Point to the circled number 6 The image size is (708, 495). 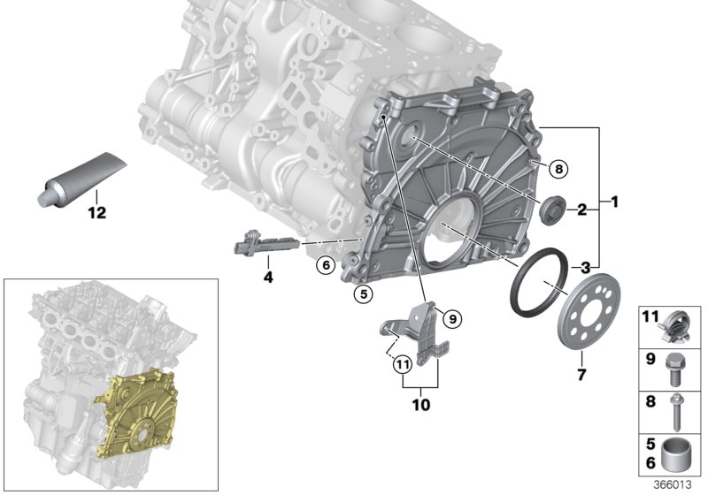coord(325,264)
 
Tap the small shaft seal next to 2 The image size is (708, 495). coord(555,209)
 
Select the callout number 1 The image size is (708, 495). coord(612,202)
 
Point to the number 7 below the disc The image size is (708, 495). coord(581,362)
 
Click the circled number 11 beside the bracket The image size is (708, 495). coord(401,362)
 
